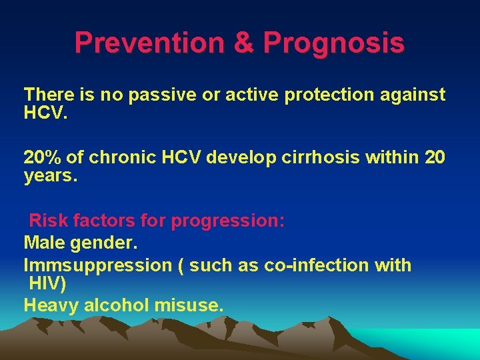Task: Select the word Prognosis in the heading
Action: pyautogui.click(x=333, y=43)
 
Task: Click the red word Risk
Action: pyautogui.click(x=47, y=221)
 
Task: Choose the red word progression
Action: pyautogui.click(x=228, y=221)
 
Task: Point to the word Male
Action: pyautogui.click(x=45, y=243)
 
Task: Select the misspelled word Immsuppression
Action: pyautogui.click(x=97, y=265)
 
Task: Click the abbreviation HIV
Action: pyautogui.click(x=45, y=285)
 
